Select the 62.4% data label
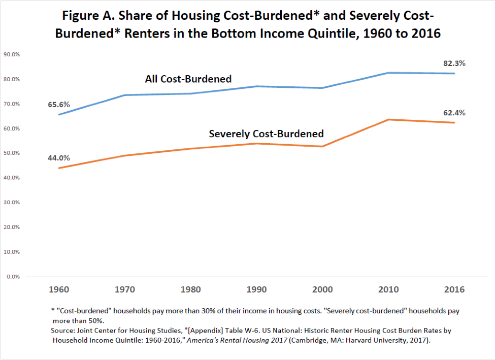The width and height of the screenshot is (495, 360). pos(454,113)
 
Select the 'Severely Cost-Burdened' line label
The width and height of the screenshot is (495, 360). pos(266,134)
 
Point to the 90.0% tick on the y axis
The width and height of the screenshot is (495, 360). pos(12,54)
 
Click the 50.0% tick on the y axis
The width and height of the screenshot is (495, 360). pos(12,153)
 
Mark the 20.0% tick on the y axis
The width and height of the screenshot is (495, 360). pos(12,227)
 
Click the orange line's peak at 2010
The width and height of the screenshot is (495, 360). pos(388,119)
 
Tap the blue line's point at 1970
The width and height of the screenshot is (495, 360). pos(125,95)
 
